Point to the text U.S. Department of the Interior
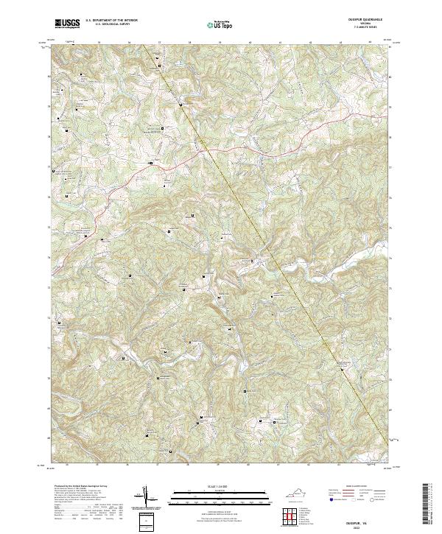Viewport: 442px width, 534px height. [111, 20]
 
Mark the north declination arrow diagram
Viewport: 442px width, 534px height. [144, 498]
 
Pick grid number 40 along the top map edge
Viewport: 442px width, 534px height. [250, 44]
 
